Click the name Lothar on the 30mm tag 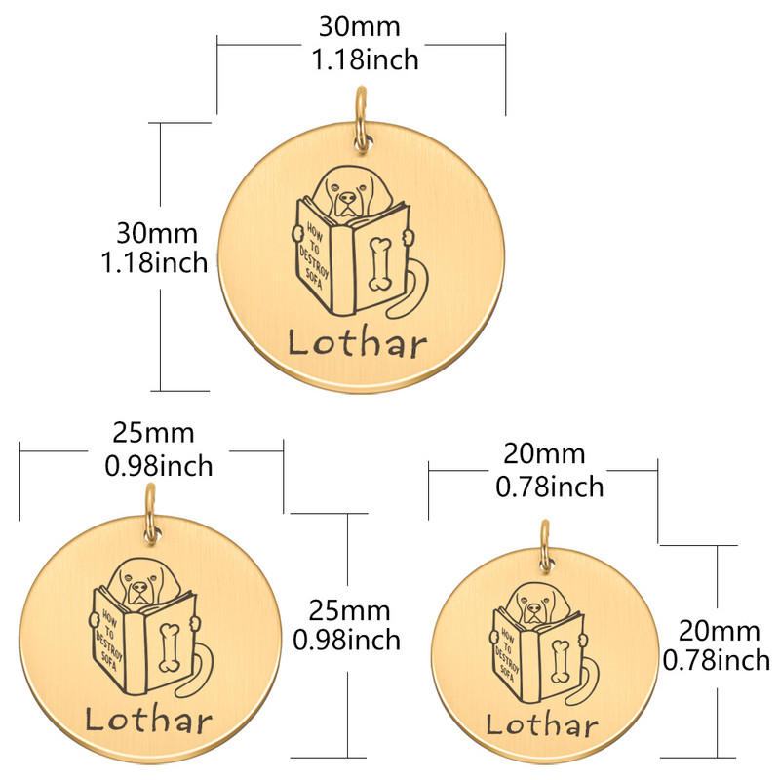point(358,343)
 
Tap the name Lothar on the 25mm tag point(149,721)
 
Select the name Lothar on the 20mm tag point(542,724)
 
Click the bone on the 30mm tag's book point(380,263)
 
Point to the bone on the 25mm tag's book point(170,647)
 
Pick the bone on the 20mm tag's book point(560,661)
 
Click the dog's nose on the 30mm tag point(348,198)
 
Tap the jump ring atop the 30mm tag point(362,118)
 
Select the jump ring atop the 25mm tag point(151,513)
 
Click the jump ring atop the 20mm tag point(546,545)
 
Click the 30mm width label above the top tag point(359,27)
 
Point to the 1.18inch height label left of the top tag point(154,262)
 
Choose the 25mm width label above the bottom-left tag point(153,433)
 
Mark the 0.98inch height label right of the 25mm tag point(347,641)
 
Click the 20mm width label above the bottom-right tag point(544,454)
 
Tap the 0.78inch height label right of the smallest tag point(717,661)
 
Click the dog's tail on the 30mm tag point(409,290)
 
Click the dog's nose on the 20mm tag point(534,607)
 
